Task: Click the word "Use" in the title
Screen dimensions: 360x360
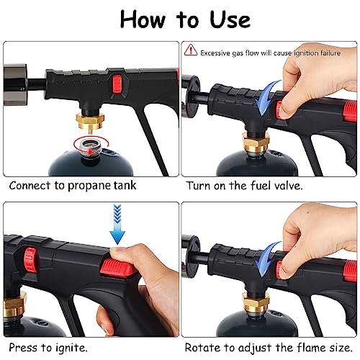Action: [x=230, y=19]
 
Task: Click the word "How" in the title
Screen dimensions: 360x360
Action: [x=143, y=19]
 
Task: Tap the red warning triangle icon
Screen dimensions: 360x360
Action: [x=191, y=50]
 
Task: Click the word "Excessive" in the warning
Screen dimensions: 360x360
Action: [x=215, y=53]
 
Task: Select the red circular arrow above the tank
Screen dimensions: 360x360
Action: [x=91, y=145]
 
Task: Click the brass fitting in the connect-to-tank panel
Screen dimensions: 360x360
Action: [x=90, y=121]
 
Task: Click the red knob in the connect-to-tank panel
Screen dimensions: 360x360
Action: [x=117, y=84]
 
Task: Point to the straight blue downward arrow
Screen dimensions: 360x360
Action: [x=117, y=224]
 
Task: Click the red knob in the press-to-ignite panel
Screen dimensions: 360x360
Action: [x=30, y=261]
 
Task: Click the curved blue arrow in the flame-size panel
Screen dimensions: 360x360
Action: [x=267, y=258]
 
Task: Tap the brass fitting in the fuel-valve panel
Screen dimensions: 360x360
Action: [x=256, y=142]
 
